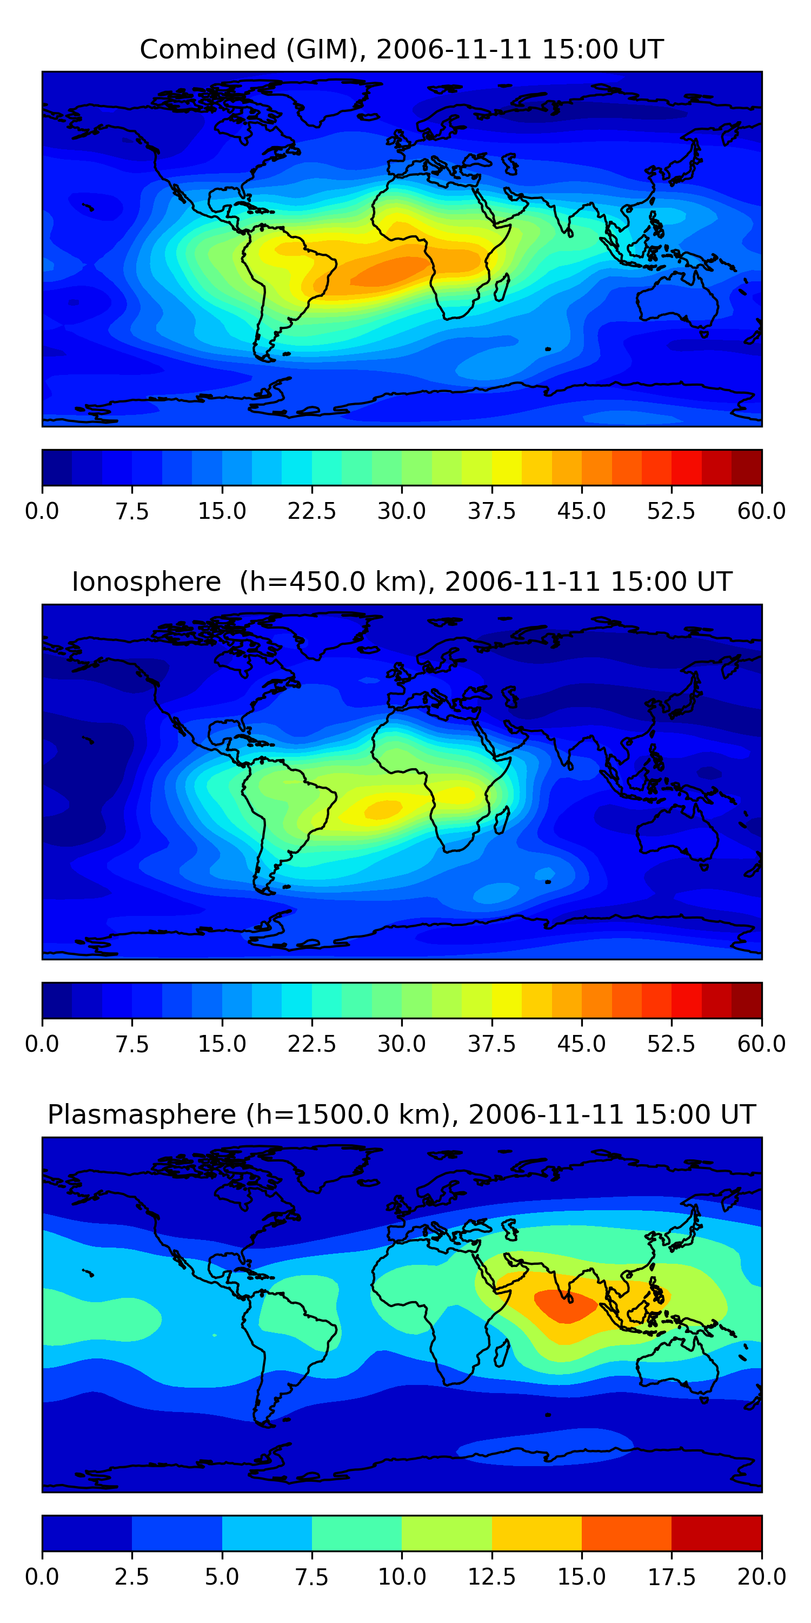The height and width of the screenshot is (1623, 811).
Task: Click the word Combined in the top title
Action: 208,50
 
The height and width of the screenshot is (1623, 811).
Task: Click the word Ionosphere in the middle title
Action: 146,582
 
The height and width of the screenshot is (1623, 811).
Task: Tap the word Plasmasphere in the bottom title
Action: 142,1114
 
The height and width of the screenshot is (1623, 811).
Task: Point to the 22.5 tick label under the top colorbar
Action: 311,511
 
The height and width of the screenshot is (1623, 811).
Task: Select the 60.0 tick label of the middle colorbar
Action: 761,1044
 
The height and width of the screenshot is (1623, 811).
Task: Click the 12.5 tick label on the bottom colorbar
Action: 491,1577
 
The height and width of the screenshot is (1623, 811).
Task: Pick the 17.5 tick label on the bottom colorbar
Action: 671,1577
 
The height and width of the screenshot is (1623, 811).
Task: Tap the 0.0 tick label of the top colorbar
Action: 42,511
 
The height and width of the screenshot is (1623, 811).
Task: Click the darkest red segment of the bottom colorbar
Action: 716,1533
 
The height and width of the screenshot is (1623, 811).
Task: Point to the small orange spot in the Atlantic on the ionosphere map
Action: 383,809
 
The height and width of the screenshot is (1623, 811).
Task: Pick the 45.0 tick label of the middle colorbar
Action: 581,1044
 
